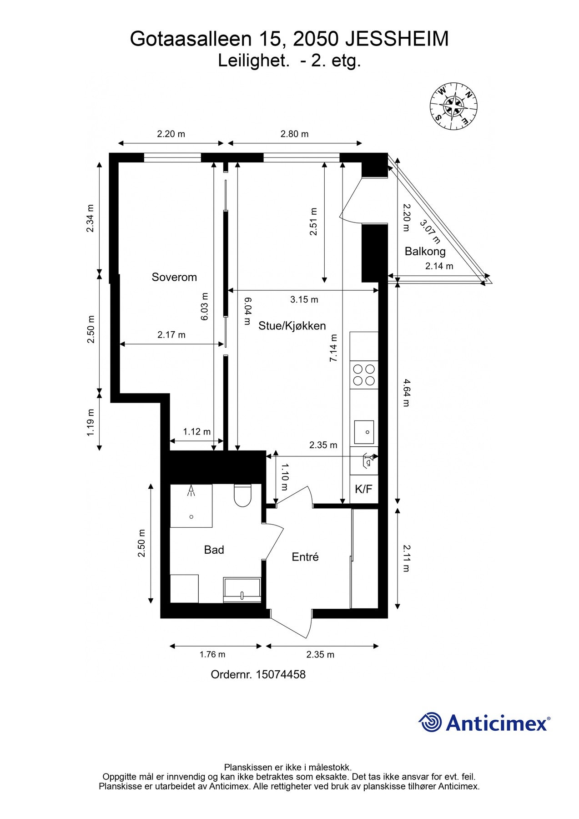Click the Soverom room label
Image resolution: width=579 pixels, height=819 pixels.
pyautogui.click(x=174, y=277)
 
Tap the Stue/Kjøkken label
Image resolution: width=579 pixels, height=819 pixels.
pyautogui.click(x=292, y=326)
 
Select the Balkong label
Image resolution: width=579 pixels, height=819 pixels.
pyautogui.click(x=425, y=251)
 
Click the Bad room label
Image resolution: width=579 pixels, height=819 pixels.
pyautogui.click(x=214, y=550)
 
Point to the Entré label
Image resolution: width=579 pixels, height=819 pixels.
pyautogui.click(x=305, y=557)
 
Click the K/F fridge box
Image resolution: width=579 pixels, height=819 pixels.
pyautogui.click(x=363, y=489)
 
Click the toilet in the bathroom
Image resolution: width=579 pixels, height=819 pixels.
pyautogui.click(x=242, y=496)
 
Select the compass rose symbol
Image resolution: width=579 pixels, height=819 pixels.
pyautogui.click(x=453, y=106)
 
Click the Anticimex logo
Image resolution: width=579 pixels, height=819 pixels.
pyautogui.click(x=484, y=723)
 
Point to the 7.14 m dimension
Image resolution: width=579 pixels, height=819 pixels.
pyautogui.click(x=333, y=348)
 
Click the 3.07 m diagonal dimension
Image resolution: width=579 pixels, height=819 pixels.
pyautogui.click(x=429, y=232)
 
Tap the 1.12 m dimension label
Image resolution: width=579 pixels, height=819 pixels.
pyautogui.click(x=196, y=431)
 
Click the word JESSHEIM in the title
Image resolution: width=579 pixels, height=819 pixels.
pyautogui.click(x=397, y=39)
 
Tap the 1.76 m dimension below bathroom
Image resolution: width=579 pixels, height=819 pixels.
pyautogui.click(x=212, y=654)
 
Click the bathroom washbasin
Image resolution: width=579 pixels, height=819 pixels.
pyautogui.click(x=242, y=590)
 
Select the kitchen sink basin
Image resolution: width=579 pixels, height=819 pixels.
pyautogui.click(x=364, y=432)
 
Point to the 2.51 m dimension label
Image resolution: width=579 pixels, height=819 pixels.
pyautogui.click(x=313, y=222)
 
